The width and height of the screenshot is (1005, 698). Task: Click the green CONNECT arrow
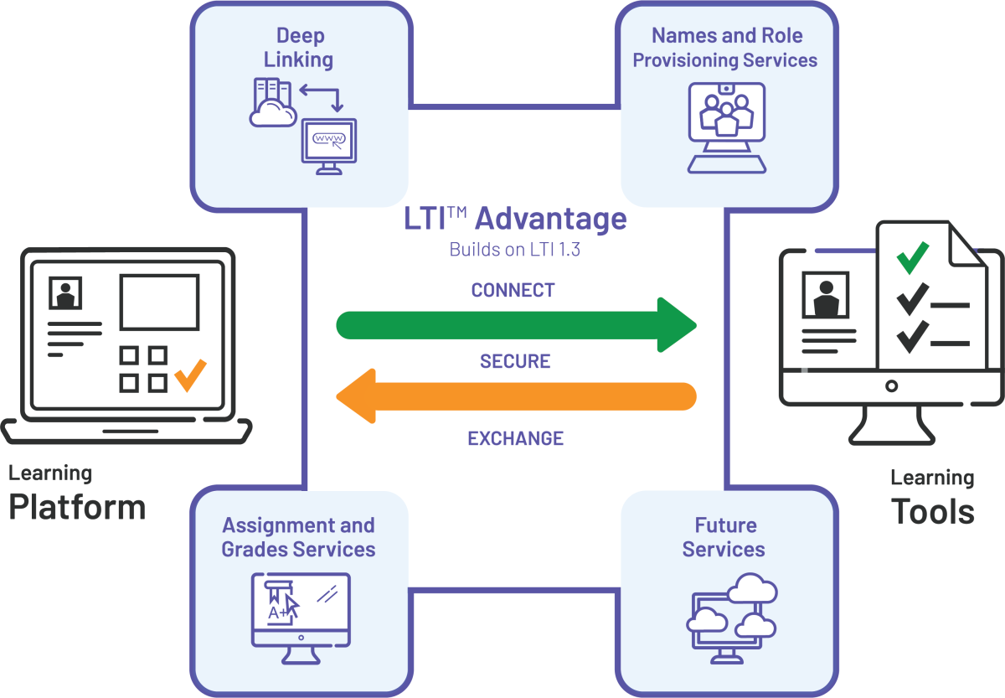pyautogui.click(x=515, y=324)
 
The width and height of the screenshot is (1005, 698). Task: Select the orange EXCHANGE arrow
pyautogui.click(x=515, y=396)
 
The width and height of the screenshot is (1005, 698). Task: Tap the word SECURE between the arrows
pyautogui.click(x=515, y=361)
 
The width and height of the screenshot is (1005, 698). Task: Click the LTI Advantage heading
pyautogui.click(x=515, y=219)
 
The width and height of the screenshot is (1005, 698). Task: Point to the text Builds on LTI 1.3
pyautogui.click(x=515, y=250)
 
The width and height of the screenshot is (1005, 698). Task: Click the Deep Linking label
pyautogui.click(x=299, y=48)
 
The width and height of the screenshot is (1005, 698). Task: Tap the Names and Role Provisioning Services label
pyautogui.click(x=726, y=48)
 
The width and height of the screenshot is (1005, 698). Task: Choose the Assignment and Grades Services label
pyautogui.click(x=298, y=537)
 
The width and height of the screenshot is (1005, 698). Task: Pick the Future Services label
pyautogui.click(x=724, y=537)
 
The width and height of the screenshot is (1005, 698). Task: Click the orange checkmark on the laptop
pyautogui.click(x=190, y=375)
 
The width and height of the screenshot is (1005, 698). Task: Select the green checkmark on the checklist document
pyautogui.click(x=912, y=257)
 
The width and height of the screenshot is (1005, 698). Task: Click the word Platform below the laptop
pyautogui.click(x=77, y=507)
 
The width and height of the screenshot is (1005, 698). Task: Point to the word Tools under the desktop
pyautogui.click(x=932, y=511)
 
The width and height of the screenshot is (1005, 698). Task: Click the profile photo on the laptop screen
pyautogui.click(x=65, y=293)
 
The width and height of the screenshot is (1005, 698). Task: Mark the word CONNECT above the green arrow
pyautogui.click(x=513, y=290)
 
